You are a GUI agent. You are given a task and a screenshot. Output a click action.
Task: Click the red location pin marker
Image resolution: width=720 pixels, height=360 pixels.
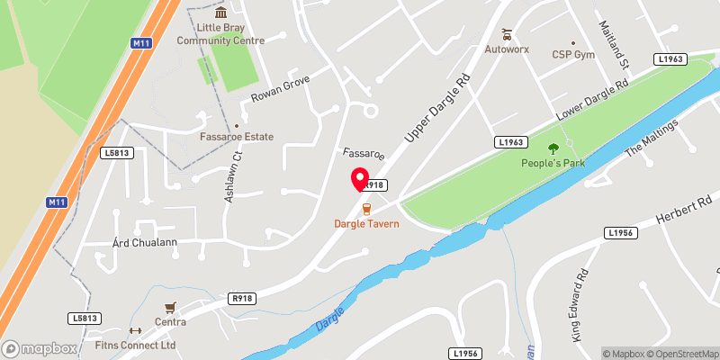pos(359,179)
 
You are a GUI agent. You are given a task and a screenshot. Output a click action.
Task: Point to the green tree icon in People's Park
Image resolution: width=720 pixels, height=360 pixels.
pos(553,148)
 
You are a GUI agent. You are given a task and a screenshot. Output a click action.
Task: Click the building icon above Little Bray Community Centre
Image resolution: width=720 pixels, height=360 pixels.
pos(220,12)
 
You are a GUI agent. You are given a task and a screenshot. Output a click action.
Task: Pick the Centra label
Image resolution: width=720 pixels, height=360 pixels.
pos(170,322)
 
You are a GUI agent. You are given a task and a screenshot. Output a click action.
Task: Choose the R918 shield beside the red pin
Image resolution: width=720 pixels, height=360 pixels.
pos(374,184)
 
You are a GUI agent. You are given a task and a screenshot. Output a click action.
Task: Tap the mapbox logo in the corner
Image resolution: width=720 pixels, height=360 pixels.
pos(40,348)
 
